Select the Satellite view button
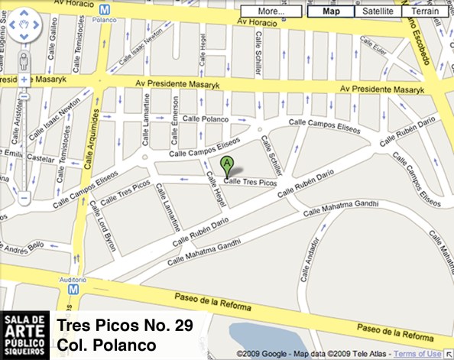tap(378, 11)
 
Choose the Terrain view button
tap(425, 11)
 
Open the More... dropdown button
tap(271, 11)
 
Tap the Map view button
tap(331, 11)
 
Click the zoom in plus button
tap(24, 79)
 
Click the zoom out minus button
tap(24, 197)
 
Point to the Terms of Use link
tap(417, 353)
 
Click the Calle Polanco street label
tap(205, 120)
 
